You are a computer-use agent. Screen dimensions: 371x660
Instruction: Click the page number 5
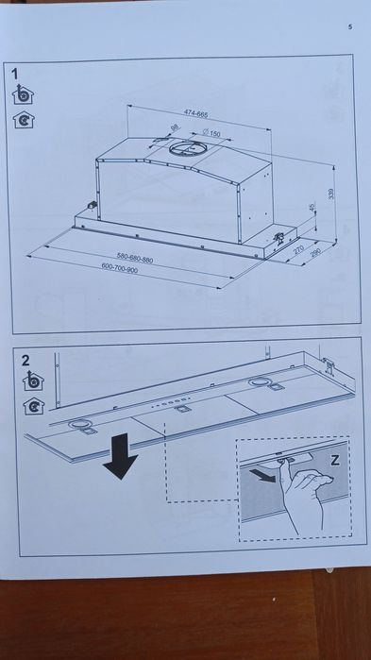point(350,27)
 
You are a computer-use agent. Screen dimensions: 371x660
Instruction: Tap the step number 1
point(15,75)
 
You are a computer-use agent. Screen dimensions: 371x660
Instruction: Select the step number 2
point(25,361)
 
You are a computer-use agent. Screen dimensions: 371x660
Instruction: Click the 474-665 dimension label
point(195,113)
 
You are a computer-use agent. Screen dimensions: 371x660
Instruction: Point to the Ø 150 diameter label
point(211,133)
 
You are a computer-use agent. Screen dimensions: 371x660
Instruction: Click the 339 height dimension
point(331,194)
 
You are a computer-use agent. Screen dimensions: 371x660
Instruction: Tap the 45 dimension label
point(312,208)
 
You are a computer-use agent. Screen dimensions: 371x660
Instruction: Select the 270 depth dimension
point(298,249)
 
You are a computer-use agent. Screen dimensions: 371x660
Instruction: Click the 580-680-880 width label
point(135,258)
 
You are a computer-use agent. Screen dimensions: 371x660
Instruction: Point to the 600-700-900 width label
point(120,268)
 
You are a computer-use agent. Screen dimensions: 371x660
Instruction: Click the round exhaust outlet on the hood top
point(186,147)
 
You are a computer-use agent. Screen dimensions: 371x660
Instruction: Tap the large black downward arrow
point(120,456)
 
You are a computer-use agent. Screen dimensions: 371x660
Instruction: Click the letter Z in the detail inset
point(335,460)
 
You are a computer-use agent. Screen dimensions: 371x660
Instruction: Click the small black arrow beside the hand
point(262,476)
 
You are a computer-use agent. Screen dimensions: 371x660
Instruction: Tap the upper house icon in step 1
point(23,94)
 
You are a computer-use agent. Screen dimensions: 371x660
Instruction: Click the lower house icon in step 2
point(34,406)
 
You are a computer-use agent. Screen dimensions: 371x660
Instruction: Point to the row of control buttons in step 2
point(171,402)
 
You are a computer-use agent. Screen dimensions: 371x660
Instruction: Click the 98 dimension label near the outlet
point(174,127)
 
